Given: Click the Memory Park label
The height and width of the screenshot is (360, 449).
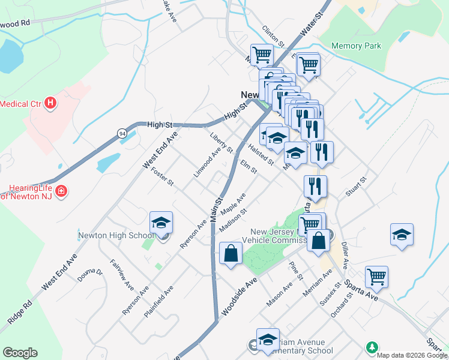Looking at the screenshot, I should [356, 46].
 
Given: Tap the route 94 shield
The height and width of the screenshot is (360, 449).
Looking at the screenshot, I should [122, 133].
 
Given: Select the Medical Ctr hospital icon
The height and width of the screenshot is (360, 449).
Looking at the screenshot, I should [50, 103].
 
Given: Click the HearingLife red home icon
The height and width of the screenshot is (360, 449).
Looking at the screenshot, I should [61, 191].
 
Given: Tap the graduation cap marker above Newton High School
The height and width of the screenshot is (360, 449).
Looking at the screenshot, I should [161, 223].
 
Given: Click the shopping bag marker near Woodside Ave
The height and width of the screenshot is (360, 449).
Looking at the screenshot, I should [231, 254].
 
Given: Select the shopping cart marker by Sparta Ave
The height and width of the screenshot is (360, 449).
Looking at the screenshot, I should [376, 277].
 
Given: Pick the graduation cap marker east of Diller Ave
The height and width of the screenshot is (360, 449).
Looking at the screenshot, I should [402, 235].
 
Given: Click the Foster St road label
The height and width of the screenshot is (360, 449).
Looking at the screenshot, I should [163, 178].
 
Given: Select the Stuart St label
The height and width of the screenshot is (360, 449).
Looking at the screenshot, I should [356, 187].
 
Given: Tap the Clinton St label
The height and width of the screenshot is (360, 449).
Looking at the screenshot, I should [273, 37].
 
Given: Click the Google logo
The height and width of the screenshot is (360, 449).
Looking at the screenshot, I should [20, 353].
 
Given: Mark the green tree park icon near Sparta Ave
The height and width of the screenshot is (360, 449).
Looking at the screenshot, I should [372, 347].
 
